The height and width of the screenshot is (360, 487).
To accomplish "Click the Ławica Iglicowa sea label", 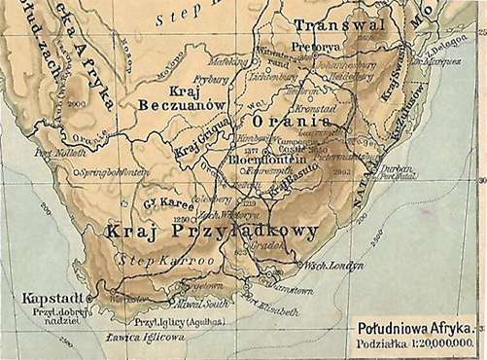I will coord(141,341).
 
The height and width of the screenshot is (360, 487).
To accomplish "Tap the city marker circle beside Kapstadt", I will coord(87,290).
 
